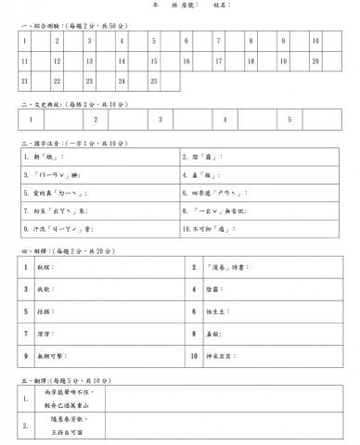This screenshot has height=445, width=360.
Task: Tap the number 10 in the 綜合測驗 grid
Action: click(315, 41)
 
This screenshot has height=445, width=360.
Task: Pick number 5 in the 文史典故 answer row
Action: click(289, 120)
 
